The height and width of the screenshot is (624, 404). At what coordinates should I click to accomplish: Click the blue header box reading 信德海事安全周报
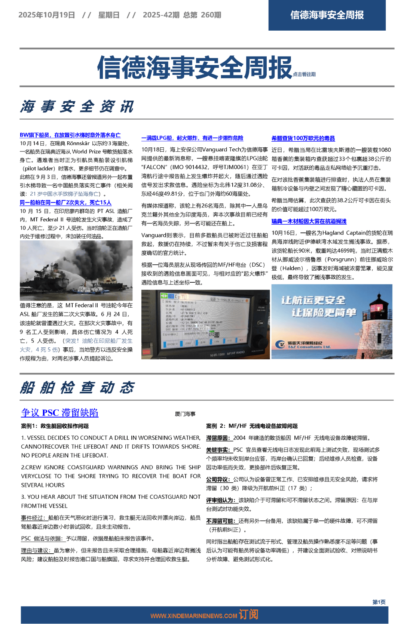[x=327, y=15]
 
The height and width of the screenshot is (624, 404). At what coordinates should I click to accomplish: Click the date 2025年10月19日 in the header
[x=47, y=15]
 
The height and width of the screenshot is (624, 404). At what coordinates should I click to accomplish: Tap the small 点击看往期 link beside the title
[x=304, y=74]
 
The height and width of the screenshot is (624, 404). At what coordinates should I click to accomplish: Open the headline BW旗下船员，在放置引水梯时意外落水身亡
[x=70, y=135]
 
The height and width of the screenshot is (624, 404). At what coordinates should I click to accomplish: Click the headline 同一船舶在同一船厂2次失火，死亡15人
[x=65, y=202]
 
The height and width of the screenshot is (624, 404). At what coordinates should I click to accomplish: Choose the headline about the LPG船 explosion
[x=192, y=138]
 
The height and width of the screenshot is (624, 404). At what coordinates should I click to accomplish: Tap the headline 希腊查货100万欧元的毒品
[x=303, y=138]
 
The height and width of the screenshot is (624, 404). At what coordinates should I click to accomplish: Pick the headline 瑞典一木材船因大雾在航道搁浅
[x=309, y=221]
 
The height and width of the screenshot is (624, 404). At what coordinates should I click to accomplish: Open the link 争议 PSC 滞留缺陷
[x=60, y=413]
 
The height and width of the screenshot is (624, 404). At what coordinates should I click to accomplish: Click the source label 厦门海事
[x=185, y=414]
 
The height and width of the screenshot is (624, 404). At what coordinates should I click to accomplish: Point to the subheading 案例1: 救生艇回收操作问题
[x=55, y=426]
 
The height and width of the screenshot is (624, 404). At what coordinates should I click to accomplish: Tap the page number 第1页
[x=379, y=602]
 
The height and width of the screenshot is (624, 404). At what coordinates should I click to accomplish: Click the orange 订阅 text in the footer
[x=248, y=615]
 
